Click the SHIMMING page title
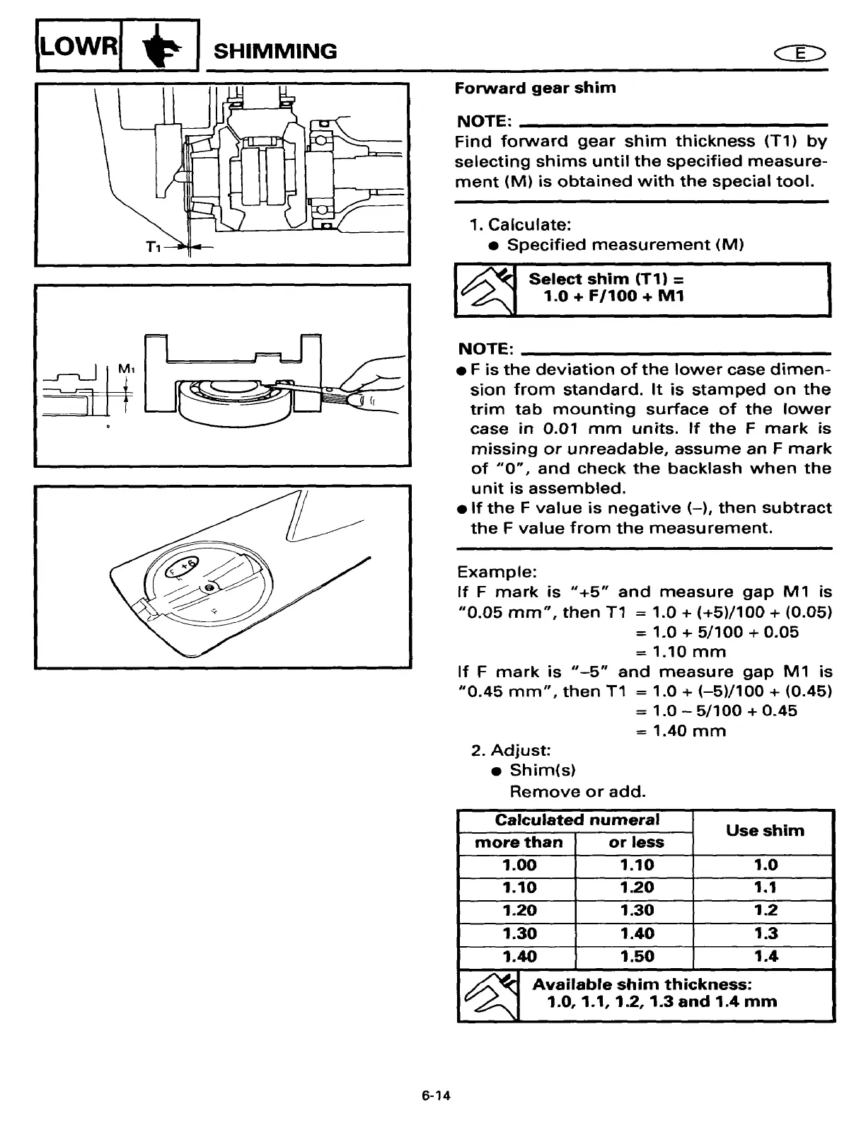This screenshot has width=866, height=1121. [275, 51]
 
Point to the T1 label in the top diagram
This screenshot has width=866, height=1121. [154, 246]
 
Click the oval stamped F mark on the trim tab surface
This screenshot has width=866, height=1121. [183, 565]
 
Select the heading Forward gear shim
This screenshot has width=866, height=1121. [535, 88]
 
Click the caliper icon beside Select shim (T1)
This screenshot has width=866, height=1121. [485, 289]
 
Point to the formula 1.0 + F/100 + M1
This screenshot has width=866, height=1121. [613, 296]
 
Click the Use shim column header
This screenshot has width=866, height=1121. [765, 830]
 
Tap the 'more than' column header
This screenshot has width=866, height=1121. [518, 842]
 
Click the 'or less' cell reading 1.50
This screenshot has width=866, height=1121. [636, 956]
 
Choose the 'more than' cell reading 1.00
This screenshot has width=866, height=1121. [519, 865]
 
